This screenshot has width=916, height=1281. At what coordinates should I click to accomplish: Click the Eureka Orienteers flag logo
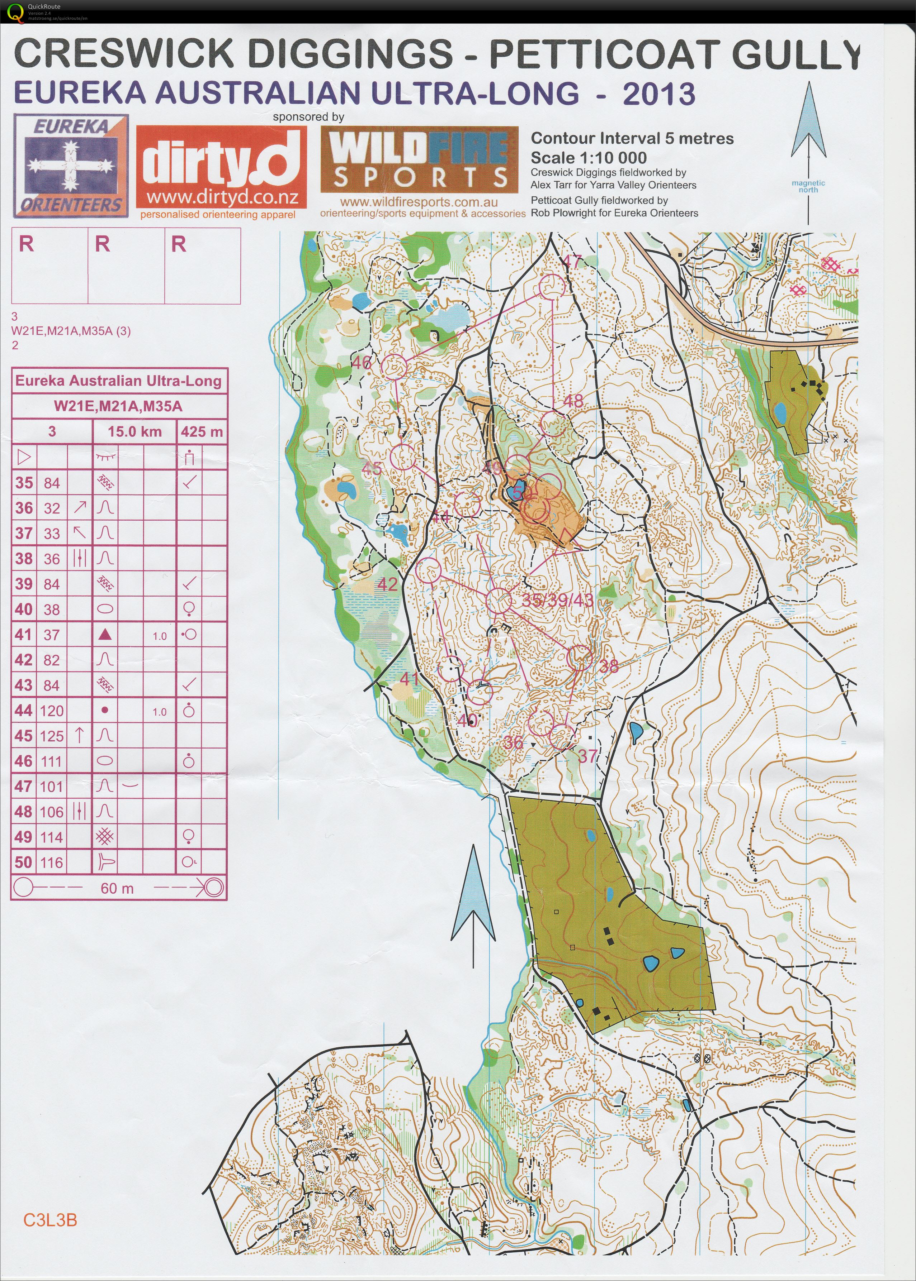click(71, 166)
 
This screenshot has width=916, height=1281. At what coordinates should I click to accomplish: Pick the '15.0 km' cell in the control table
click(134, 432)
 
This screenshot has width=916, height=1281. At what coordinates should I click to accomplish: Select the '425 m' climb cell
click(201, 432)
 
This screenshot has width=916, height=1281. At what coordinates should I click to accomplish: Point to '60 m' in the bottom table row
click(117, 888)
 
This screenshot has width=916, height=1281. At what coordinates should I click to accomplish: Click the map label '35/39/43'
click(557, 599)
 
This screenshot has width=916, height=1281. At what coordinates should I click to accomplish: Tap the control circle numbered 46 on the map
click(394, 366)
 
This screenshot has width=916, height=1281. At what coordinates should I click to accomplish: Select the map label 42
click(387, 584)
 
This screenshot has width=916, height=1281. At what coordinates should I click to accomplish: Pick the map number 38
click(609, 667)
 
